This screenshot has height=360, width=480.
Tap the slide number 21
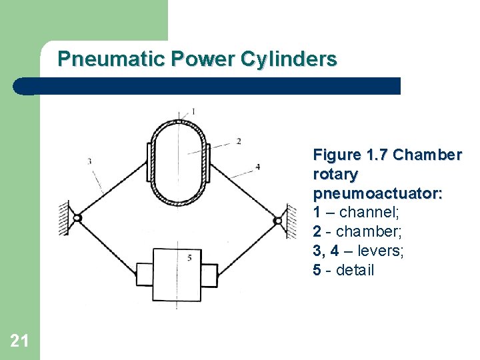[19, 341]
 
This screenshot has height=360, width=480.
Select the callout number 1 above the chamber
[193, 111]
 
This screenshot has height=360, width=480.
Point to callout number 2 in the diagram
[239, 141]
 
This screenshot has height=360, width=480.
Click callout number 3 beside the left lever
[89, 161]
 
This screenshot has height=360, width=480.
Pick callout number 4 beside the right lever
[257, 167]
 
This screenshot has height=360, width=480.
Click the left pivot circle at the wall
[77, 218]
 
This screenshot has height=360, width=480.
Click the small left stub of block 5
[144, 273]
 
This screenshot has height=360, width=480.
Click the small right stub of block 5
[209, 273]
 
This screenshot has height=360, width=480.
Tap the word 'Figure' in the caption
[337, 155]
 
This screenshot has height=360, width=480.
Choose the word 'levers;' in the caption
[379, 251]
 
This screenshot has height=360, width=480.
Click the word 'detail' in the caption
[355, 271]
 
